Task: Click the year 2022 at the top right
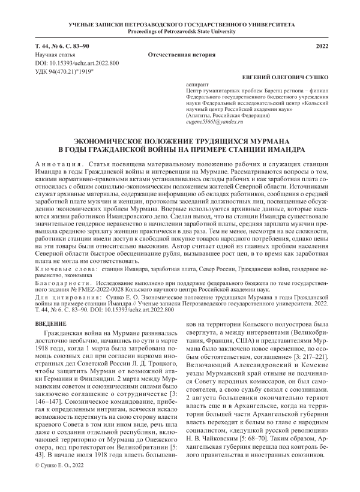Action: pyautogui.click(x=321, y=46)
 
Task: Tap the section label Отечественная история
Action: pyautogui.click(x=181, y=55)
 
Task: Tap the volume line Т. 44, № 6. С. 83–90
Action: pyautogui.click(x=62, y=46)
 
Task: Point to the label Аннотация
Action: pyautogui.click(x=56, y=163)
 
